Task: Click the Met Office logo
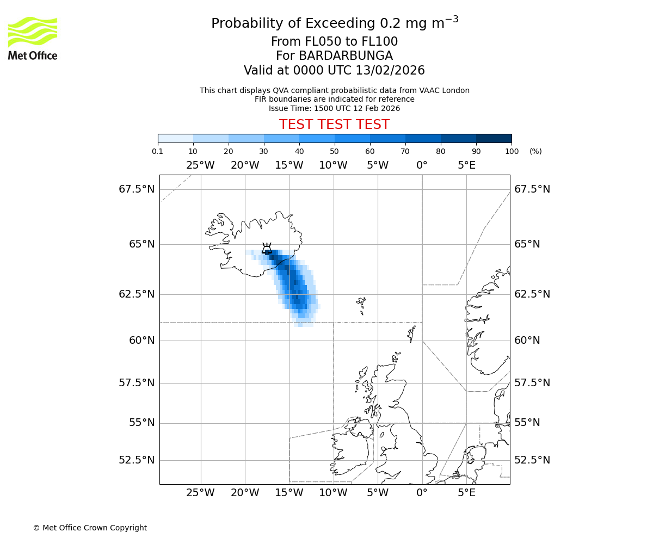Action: click(33, 38)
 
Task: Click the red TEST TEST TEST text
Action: click(334, 125)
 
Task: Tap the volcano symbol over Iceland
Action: click(267, 249)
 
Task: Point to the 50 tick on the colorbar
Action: click(335, 151)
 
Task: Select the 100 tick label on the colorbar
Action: click(512, 151)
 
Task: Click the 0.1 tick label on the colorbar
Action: click(158, 151)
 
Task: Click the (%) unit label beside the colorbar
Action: click(535, 151)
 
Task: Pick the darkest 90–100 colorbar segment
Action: click(494, 138)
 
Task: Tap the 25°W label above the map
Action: click(200, 165)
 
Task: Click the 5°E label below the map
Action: click(466, 493)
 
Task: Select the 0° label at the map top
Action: click(422, 165)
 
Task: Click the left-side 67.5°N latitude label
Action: click(137, 189)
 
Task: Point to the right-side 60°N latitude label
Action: click(527, 341)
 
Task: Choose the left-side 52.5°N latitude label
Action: click(137, 460)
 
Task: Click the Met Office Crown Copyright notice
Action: click(90, 528)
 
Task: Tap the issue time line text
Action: click(334, 108)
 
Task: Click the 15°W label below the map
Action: click(289, 493)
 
